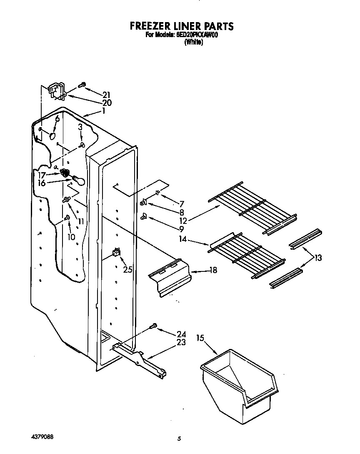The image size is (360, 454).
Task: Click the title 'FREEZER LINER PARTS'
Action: click(181, 26)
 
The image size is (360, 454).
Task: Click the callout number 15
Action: click(201, 338)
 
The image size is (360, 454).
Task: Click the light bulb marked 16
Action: click(78, 180)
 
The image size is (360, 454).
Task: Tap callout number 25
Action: click(128, 270)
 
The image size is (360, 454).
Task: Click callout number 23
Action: click(181, 343)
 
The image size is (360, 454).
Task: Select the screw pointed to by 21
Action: click(82, 85)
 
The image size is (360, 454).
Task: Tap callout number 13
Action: click(318, 258)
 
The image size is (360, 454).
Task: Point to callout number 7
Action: click(181, 204)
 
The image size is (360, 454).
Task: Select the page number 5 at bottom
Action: click(179, 438)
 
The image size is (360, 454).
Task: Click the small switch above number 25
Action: click(117, 252)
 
